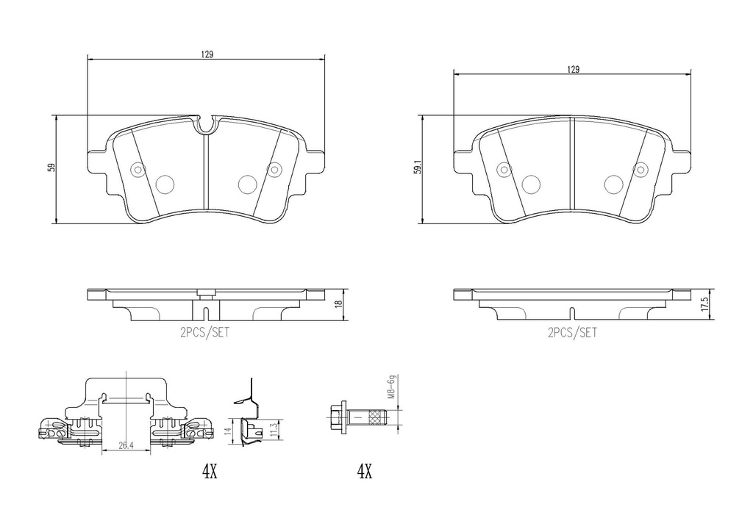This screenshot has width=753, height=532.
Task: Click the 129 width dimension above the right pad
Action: pyautogui.click(x=572, y=68)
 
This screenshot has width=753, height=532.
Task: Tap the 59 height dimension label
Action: pyautogui.click(x=51, y=168)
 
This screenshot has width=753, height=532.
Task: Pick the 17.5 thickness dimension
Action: pyautogui.click(x=704, y=303)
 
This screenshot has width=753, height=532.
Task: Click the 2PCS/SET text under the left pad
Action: pyautogui.click(x=205, y=332)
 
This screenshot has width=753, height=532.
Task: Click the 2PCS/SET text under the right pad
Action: pyautogui.click(x=572, y=332)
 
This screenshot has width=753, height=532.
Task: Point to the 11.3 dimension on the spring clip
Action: pyautogui.click(x=274, y=431)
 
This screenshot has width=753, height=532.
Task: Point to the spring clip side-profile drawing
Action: pyautogui.click(x=250, y=415)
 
